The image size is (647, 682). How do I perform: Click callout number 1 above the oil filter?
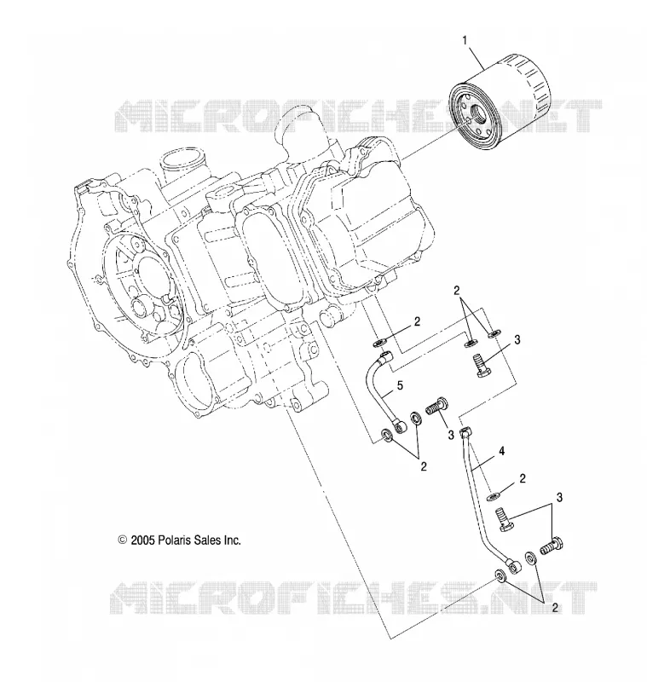(x=465, y=40)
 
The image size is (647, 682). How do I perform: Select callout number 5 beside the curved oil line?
(x=400, y=385)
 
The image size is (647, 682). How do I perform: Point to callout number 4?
(x=501, y=452)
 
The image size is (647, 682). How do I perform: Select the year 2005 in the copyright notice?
(x=142, y=540)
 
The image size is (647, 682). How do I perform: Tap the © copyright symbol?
(x=123, y=540)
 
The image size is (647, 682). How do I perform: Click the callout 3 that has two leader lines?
(x=559, y=497)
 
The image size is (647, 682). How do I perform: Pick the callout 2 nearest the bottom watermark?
(x=554, y=608)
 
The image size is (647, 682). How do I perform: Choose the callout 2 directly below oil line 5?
(x=424, y=466)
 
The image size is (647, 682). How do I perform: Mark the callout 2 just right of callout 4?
(x=523, y=479)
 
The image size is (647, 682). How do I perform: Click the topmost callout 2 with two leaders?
(x=457, y=291)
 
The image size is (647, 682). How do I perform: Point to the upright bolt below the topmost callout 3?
(x=482, y=367)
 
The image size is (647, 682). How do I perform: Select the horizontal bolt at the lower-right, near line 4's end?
(x=552, y=546)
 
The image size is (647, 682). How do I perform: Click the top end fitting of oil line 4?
(x=465, y=433)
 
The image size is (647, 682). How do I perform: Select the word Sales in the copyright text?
(x=205, y=540)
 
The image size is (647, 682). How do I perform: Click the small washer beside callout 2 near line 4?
(x=494, y=496)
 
